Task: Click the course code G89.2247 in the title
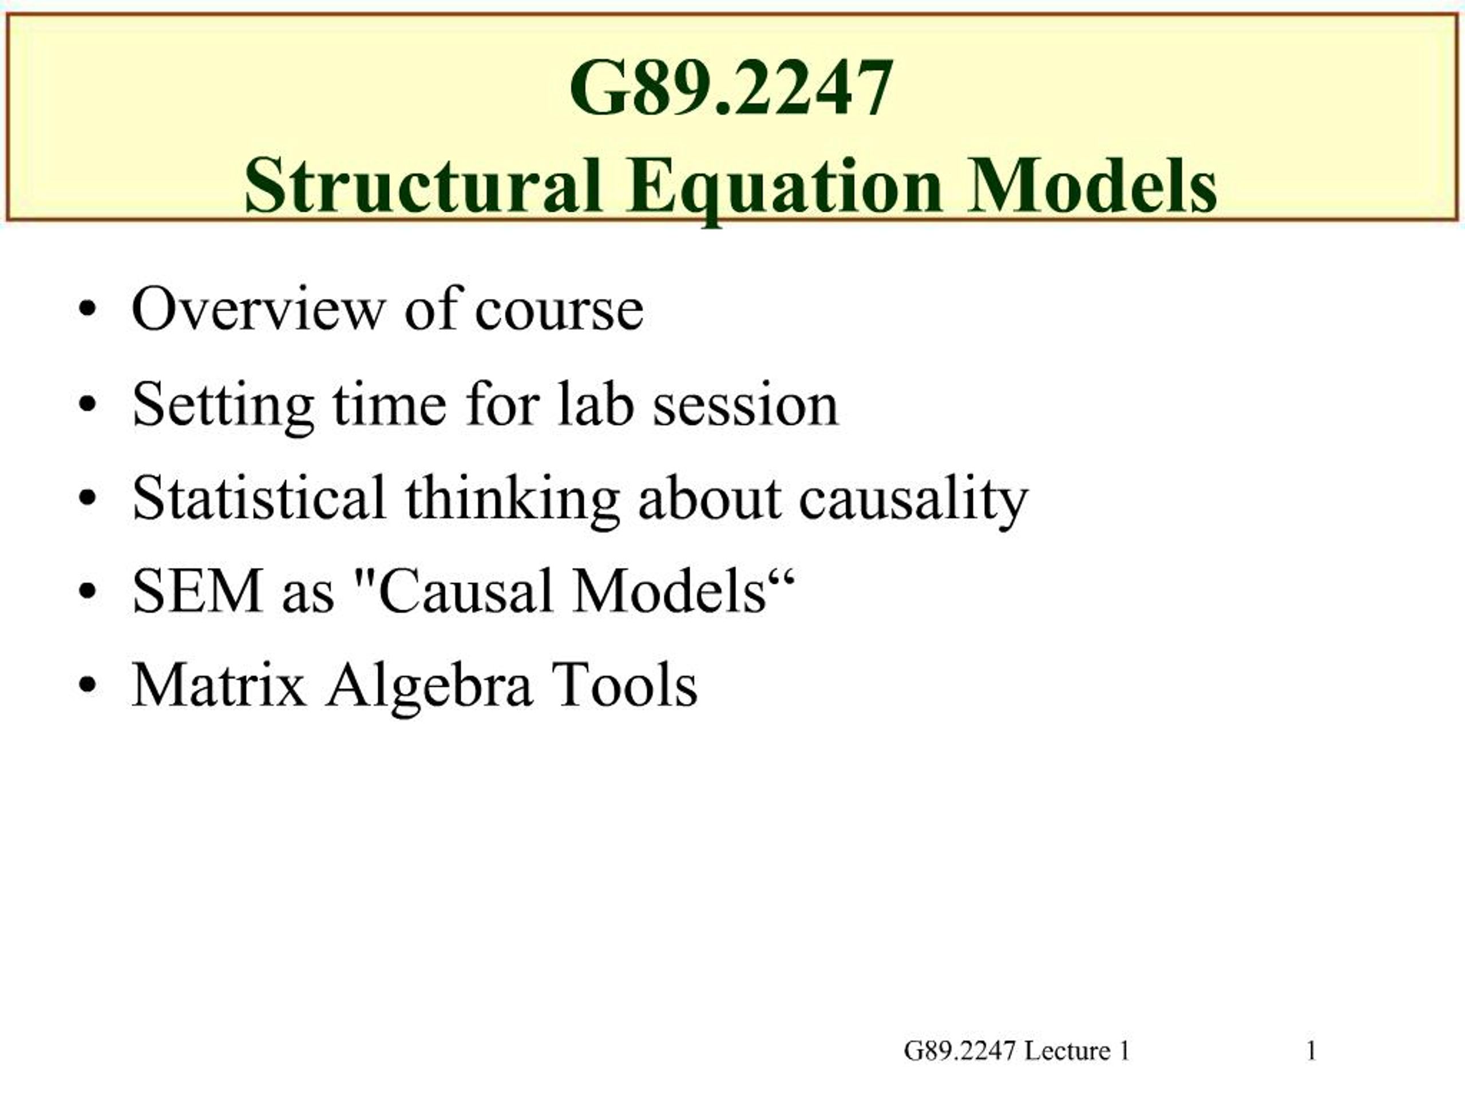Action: click(731, 88)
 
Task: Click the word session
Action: click(746, 406)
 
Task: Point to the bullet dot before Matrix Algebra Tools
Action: click(87, 687)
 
